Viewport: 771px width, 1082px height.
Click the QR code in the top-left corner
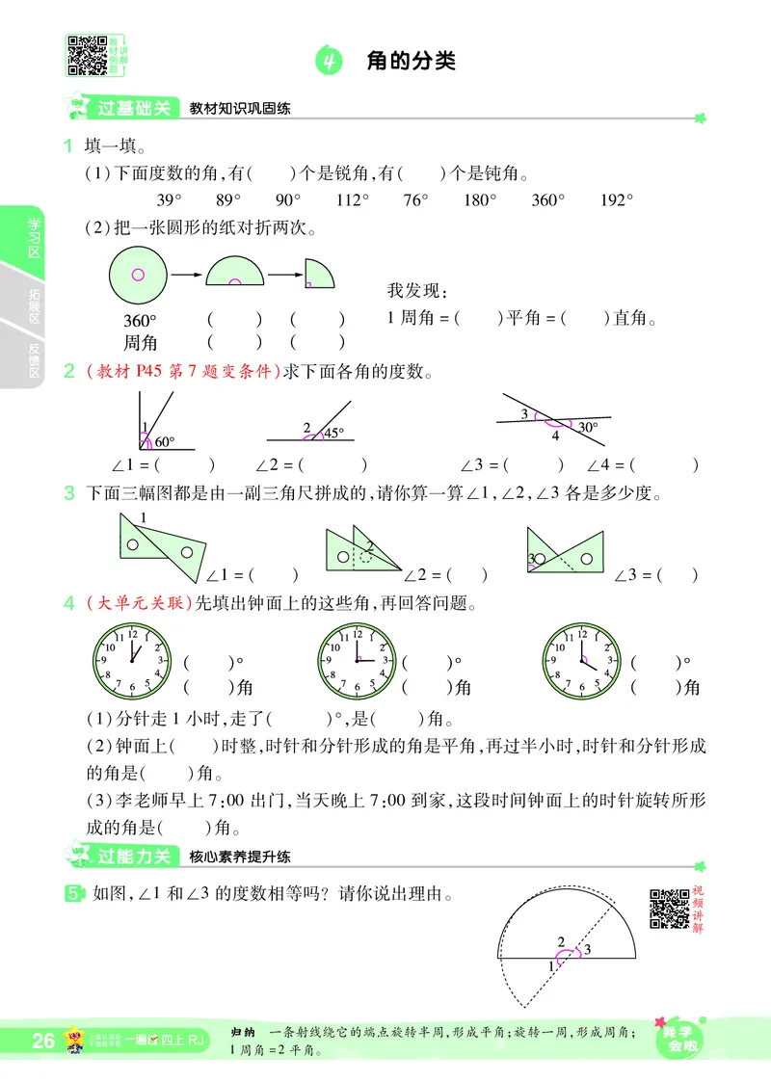click(x=86, y=54)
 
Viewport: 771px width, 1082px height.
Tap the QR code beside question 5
click(x=669, y=909)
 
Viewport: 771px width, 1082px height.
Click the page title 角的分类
click(x=411, y=62)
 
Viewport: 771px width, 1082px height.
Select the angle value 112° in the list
click(x=353, y=200)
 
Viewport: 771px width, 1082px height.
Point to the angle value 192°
click(x=617, y=200)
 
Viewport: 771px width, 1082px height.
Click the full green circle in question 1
click(x=138, y=275)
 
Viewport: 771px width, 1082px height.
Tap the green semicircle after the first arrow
click(x=234, y=274)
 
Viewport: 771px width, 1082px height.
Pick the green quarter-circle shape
click(x=318, y=274)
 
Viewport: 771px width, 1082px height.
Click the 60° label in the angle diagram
click(x=165, y=442)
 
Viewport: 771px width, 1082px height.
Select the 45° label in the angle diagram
click(x=332, y=434)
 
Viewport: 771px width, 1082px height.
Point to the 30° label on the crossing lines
click(x=588, y=427)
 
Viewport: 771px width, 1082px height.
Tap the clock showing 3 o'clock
click(x=358, y=660)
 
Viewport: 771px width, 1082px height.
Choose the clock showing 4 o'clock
click(x=581, y=660)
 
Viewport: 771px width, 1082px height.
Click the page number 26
click(x=43, y=1041)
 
